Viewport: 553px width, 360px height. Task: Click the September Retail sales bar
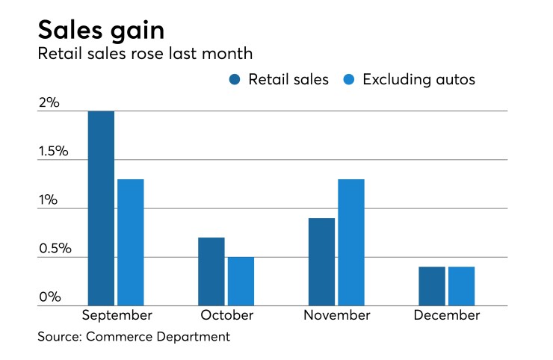tap(101, 208)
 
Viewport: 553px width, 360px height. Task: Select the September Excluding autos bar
tap(131, 242)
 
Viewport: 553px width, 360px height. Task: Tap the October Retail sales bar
tap(211, 272)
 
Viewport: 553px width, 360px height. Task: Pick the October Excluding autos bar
tap(241, 282)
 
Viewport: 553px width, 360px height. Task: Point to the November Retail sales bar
tap(321, 262)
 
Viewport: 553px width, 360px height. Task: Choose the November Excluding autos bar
tap(351, 242)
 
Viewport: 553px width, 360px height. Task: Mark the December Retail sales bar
tap(432, 286)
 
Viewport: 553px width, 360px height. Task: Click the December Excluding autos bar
tap(461, 286)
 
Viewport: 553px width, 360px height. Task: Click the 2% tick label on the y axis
tap(49, 102)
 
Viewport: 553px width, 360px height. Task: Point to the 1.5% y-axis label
tap(54, 152)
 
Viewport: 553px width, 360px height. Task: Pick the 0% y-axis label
tap(49, 297)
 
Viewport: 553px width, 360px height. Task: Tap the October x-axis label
tap(226, 315)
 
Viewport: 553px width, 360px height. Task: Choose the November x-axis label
tap(336, 315)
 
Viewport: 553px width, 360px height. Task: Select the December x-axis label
tap(447, 315)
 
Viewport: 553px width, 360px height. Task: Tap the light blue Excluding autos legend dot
tap(347, 80)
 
